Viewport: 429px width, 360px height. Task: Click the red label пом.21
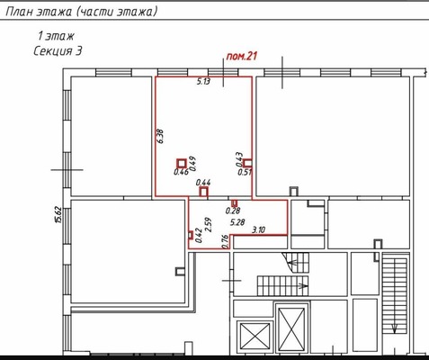coord(242,56)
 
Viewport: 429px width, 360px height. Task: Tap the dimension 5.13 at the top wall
coord(203,81)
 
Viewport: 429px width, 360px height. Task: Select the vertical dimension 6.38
coord(160,137)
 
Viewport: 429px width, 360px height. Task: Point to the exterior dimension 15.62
coord(58,214)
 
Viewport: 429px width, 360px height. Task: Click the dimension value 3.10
coord(258,230)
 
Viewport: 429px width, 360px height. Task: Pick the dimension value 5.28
coord(237,222)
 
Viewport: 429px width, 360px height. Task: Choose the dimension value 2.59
coord(208,224)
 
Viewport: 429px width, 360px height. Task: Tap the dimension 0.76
coord(225,241)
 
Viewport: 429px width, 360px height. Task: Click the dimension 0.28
coord(233,211)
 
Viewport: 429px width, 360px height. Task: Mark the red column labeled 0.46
coord(182,164)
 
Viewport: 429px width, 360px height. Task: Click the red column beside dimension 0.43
coord(247,163)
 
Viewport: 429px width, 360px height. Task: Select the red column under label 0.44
coord(203,192)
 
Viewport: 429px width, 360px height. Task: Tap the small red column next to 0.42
coord(191,235)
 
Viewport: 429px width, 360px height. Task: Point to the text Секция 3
coord(58,50)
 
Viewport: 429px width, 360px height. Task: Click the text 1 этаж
coord(56,36)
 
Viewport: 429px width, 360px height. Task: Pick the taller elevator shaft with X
coord(291,329)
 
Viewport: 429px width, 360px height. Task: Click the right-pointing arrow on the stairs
coord(303,285)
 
